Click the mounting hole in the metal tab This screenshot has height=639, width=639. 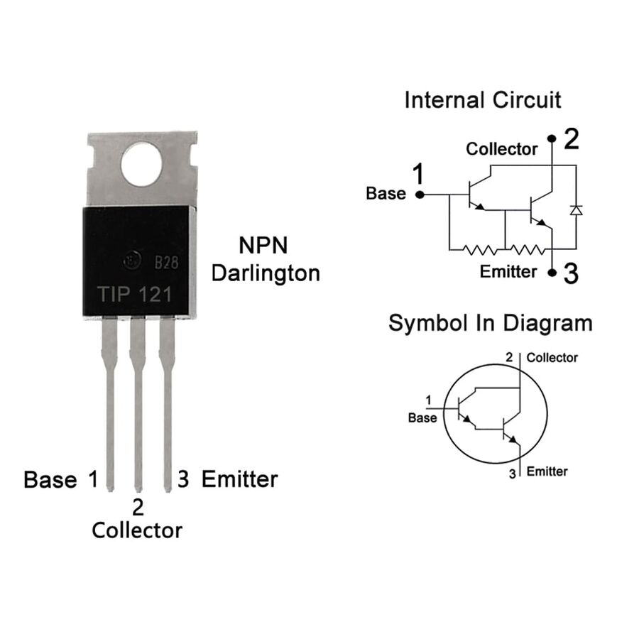coord(141,165)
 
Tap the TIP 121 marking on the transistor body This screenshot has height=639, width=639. coord(134,294)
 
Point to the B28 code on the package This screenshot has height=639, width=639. coord(166,263)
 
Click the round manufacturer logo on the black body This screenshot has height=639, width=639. coord(133,260)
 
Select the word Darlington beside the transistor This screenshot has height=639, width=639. coord(266,274)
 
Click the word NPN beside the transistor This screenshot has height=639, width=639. coord(263,246)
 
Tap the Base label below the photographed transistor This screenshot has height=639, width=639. coord(50,479)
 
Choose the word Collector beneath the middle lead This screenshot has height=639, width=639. coord(137,530)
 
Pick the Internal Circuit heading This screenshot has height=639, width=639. coord(483,100)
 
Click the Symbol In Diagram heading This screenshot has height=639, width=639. coord(490,324)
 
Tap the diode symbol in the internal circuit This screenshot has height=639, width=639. coord(576,210)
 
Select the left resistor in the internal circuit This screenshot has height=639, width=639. coord(480,249)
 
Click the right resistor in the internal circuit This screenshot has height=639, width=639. coord(527,249)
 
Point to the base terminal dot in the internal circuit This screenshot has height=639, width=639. coord(420,195)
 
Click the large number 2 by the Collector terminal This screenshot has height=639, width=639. coord(572,139)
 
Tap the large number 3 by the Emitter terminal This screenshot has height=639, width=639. coord(571,273)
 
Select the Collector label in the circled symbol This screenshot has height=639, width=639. coord(552,358)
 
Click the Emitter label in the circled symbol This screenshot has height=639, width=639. coord(547,471)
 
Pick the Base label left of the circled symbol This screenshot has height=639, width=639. coord(422,417)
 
